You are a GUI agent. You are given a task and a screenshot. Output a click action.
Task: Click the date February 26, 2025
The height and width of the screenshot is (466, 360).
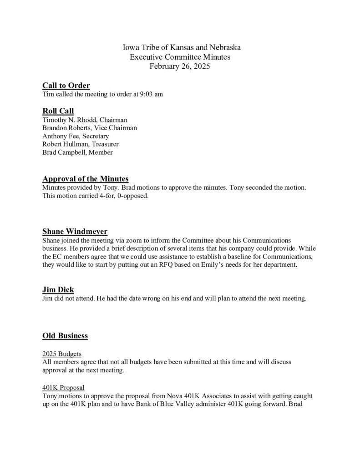pos(180,66)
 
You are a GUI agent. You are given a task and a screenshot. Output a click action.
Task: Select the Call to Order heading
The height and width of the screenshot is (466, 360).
pos(66,86)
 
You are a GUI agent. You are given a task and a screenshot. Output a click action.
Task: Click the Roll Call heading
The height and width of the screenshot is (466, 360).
pos(58,111)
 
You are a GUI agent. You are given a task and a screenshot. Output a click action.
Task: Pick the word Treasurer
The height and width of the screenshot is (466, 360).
pos(105,144)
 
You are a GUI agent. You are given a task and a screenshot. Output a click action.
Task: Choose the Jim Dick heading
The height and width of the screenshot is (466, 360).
pos(58,289)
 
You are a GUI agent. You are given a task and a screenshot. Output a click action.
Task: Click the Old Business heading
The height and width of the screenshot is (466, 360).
pos(65,336)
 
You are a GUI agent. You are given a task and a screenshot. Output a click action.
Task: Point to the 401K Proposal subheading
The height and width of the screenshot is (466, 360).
pos(63,388)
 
